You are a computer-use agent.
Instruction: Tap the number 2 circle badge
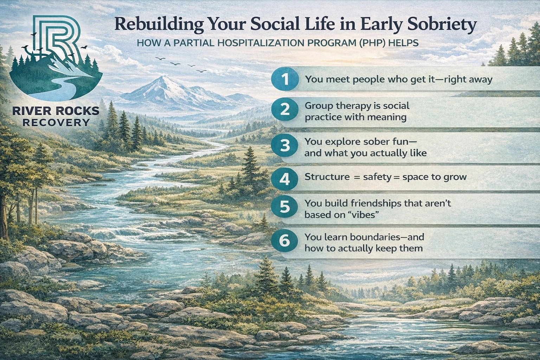coord(285,110)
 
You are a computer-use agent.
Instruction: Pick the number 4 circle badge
coord(285,179)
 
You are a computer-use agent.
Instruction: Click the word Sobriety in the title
coord(442,25)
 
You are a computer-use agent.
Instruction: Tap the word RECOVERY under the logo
coord(55,122)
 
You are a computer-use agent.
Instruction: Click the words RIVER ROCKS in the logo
coord(56,111)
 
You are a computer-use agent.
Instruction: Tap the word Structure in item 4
coord(327,177)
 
